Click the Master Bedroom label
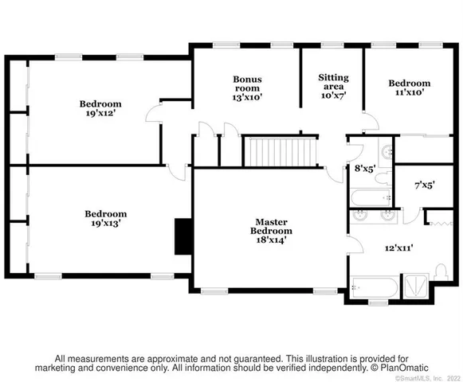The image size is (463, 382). point(271,227)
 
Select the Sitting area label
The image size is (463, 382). point(333,83)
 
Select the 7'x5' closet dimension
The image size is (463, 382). point(425,185)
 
